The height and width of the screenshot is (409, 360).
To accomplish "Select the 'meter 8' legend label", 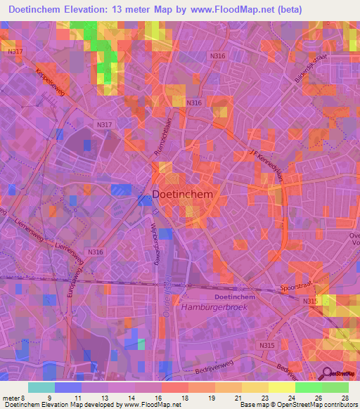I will (13, 398).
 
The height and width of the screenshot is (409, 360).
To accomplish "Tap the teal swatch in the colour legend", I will (41, 387).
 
